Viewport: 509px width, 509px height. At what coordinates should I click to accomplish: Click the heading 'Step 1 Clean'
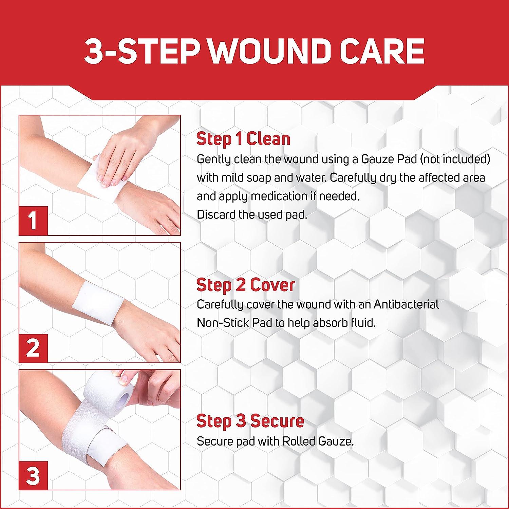pyautogui.click(x=243, y=139)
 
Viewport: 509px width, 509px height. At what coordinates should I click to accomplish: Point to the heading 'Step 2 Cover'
pyautogui.click(x=246, y=285)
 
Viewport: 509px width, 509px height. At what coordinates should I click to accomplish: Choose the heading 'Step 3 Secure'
pyautogui.click(x=250, y=421)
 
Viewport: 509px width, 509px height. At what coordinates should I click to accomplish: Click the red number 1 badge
pyautogui.click(x=33, y=221)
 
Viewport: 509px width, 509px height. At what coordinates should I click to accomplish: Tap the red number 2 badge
pyautogui.click(x=33, y=348)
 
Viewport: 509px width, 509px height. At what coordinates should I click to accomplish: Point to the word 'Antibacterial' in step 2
pyautogui.click(x=406, y=304)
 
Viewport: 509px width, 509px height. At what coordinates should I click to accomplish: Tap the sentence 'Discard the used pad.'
pyautogui.click(x=252, y=214)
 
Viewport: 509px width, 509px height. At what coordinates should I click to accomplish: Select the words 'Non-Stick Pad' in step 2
pyautogui.click(x=234, y=323)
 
